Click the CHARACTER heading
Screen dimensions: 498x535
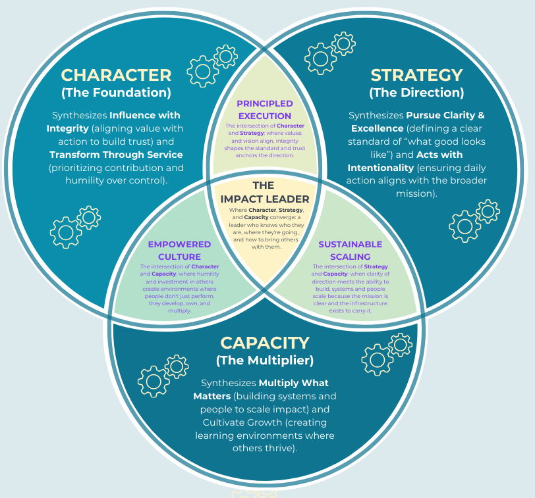pyautogui.click(x=116, y=74)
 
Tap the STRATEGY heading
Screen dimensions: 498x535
pyautogui.click(x=416, y=74)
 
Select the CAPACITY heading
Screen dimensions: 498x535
pyautogui.click(x=264, y=342)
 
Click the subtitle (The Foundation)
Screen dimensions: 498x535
pyautogui.click(x=116, y=92)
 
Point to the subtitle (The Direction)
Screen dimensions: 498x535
pyautogui.click(x=416, y=92)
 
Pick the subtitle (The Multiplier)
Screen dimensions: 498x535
pyautogui.click(x=264, y=360)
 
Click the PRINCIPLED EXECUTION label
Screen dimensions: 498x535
pyautogui.click(x=264, y=109)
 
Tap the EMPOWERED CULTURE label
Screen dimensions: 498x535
pyautogui.click(x=179, y=250)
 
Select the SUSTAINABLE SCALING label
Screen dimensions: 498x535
pyautogui.click(x=350, y=250)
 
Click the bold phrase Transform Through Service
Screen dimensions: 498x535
pyautogui.click(x=116, y=155)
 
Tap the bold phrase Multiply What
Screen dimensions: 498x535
pyautogui.click(x=293, y=383)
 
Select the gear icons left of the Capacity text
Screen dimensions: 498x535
pyautogui.click(x=162, y=375)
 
